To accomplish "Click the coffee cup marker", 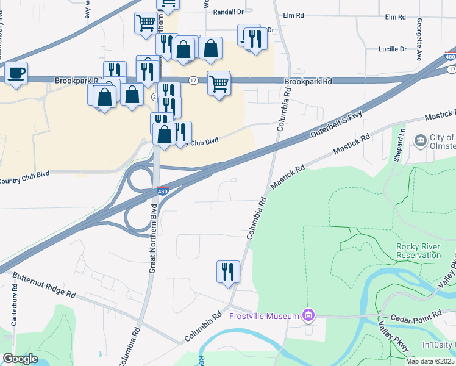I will pos(16,73).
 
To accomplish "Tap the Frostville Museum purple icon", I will pos(309,315).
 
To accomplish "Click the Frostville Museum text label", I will pos(264,316).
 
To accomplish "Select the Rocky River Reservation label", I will pos(418,251).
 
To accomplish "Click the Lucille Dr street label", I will pos(392,49).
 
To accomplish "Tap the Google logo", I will pos(20,359).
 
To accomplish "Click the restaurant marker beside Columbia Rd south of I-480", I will pos(228,271).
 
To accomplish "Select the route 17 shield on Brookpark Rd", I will pos(193,80).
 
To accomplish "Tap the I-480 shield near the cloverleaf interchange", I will pos(163,191).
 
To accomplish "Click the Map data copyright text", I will pos(428,361).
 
